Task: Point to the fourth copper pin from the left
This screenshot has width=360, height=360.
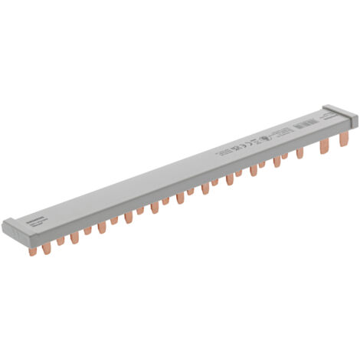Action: tap(74, 238)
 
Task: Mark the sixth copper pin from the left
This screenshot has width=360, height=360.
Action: tap(101, 227)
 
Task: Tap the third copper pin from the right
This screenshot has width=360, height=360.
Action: tap(299, 153)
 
